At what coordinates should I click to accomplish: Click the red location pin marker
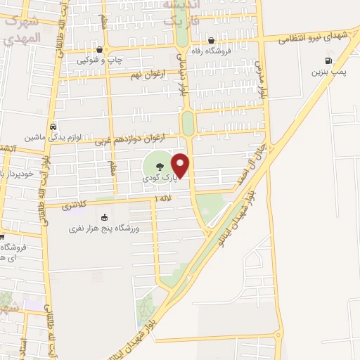[181, 166]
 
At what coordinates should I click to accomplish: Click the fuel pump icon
[328, 61]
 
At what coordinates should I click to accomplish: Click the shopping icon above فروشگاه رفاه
[211, 40]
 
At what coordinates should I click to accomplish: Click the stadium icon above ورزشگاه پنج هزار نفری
[104, 217]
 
